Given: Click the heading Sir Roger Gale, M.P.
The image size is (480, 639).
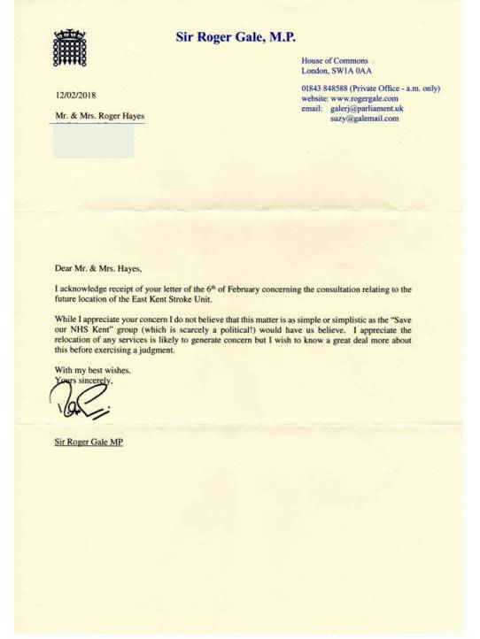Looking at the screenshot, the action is [235, 36].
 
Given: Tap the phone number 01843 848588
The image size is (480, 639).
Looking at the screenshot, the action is [324, 89].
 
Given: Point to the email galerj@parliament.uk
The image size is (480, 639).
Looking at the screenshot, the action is [367, 108].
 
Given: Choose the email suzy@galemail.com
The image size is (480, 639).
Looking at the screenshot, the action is [364, 118].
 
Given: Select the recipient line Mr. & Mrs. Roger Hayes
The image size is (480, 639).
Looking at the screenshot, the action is [99, 116].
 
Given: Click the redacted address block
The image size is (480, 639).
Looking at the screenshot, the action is [94, 140].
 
